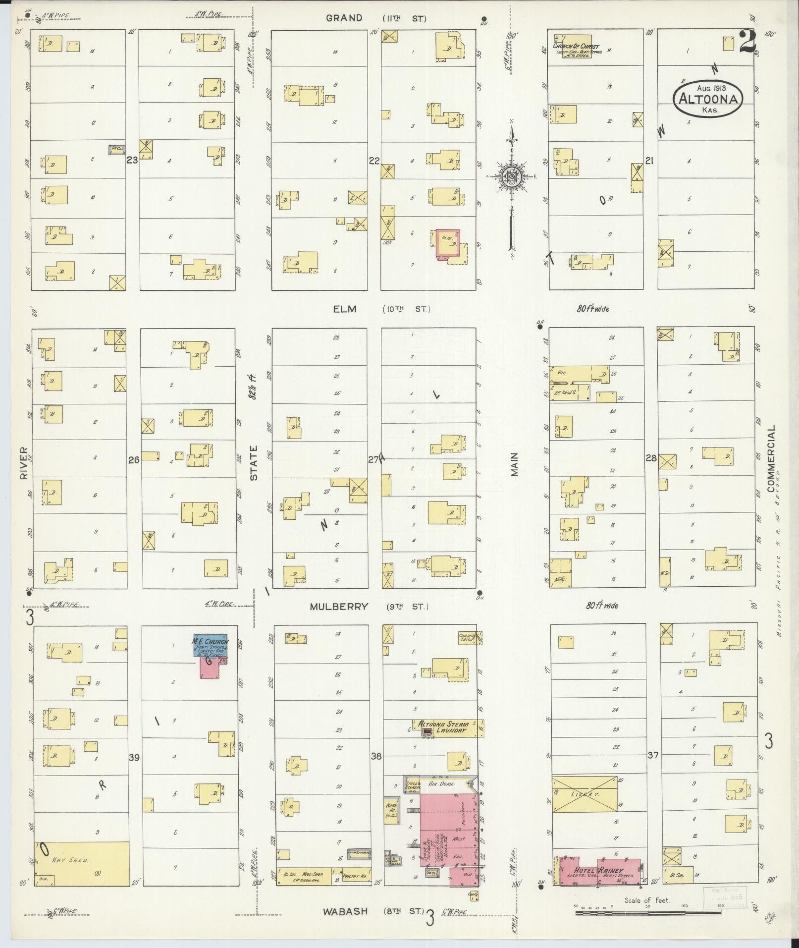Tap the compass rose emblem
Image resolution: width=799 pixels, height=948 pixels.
pyautogui.click(x=511, y=176)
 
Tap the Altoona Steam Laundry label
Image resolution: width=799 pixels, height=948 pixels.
pyautogui.click(x=443, y=727)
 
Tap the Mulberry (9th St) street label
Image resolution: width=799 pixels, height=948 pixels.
pyautogui.click(x=369, y=607)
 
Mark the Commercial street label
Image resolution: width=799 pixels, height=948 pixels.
pyautogui.click(x=770, y=458)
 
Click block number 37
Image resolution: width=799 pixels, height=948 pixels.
pyautogui.click(x=653, y=755)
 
